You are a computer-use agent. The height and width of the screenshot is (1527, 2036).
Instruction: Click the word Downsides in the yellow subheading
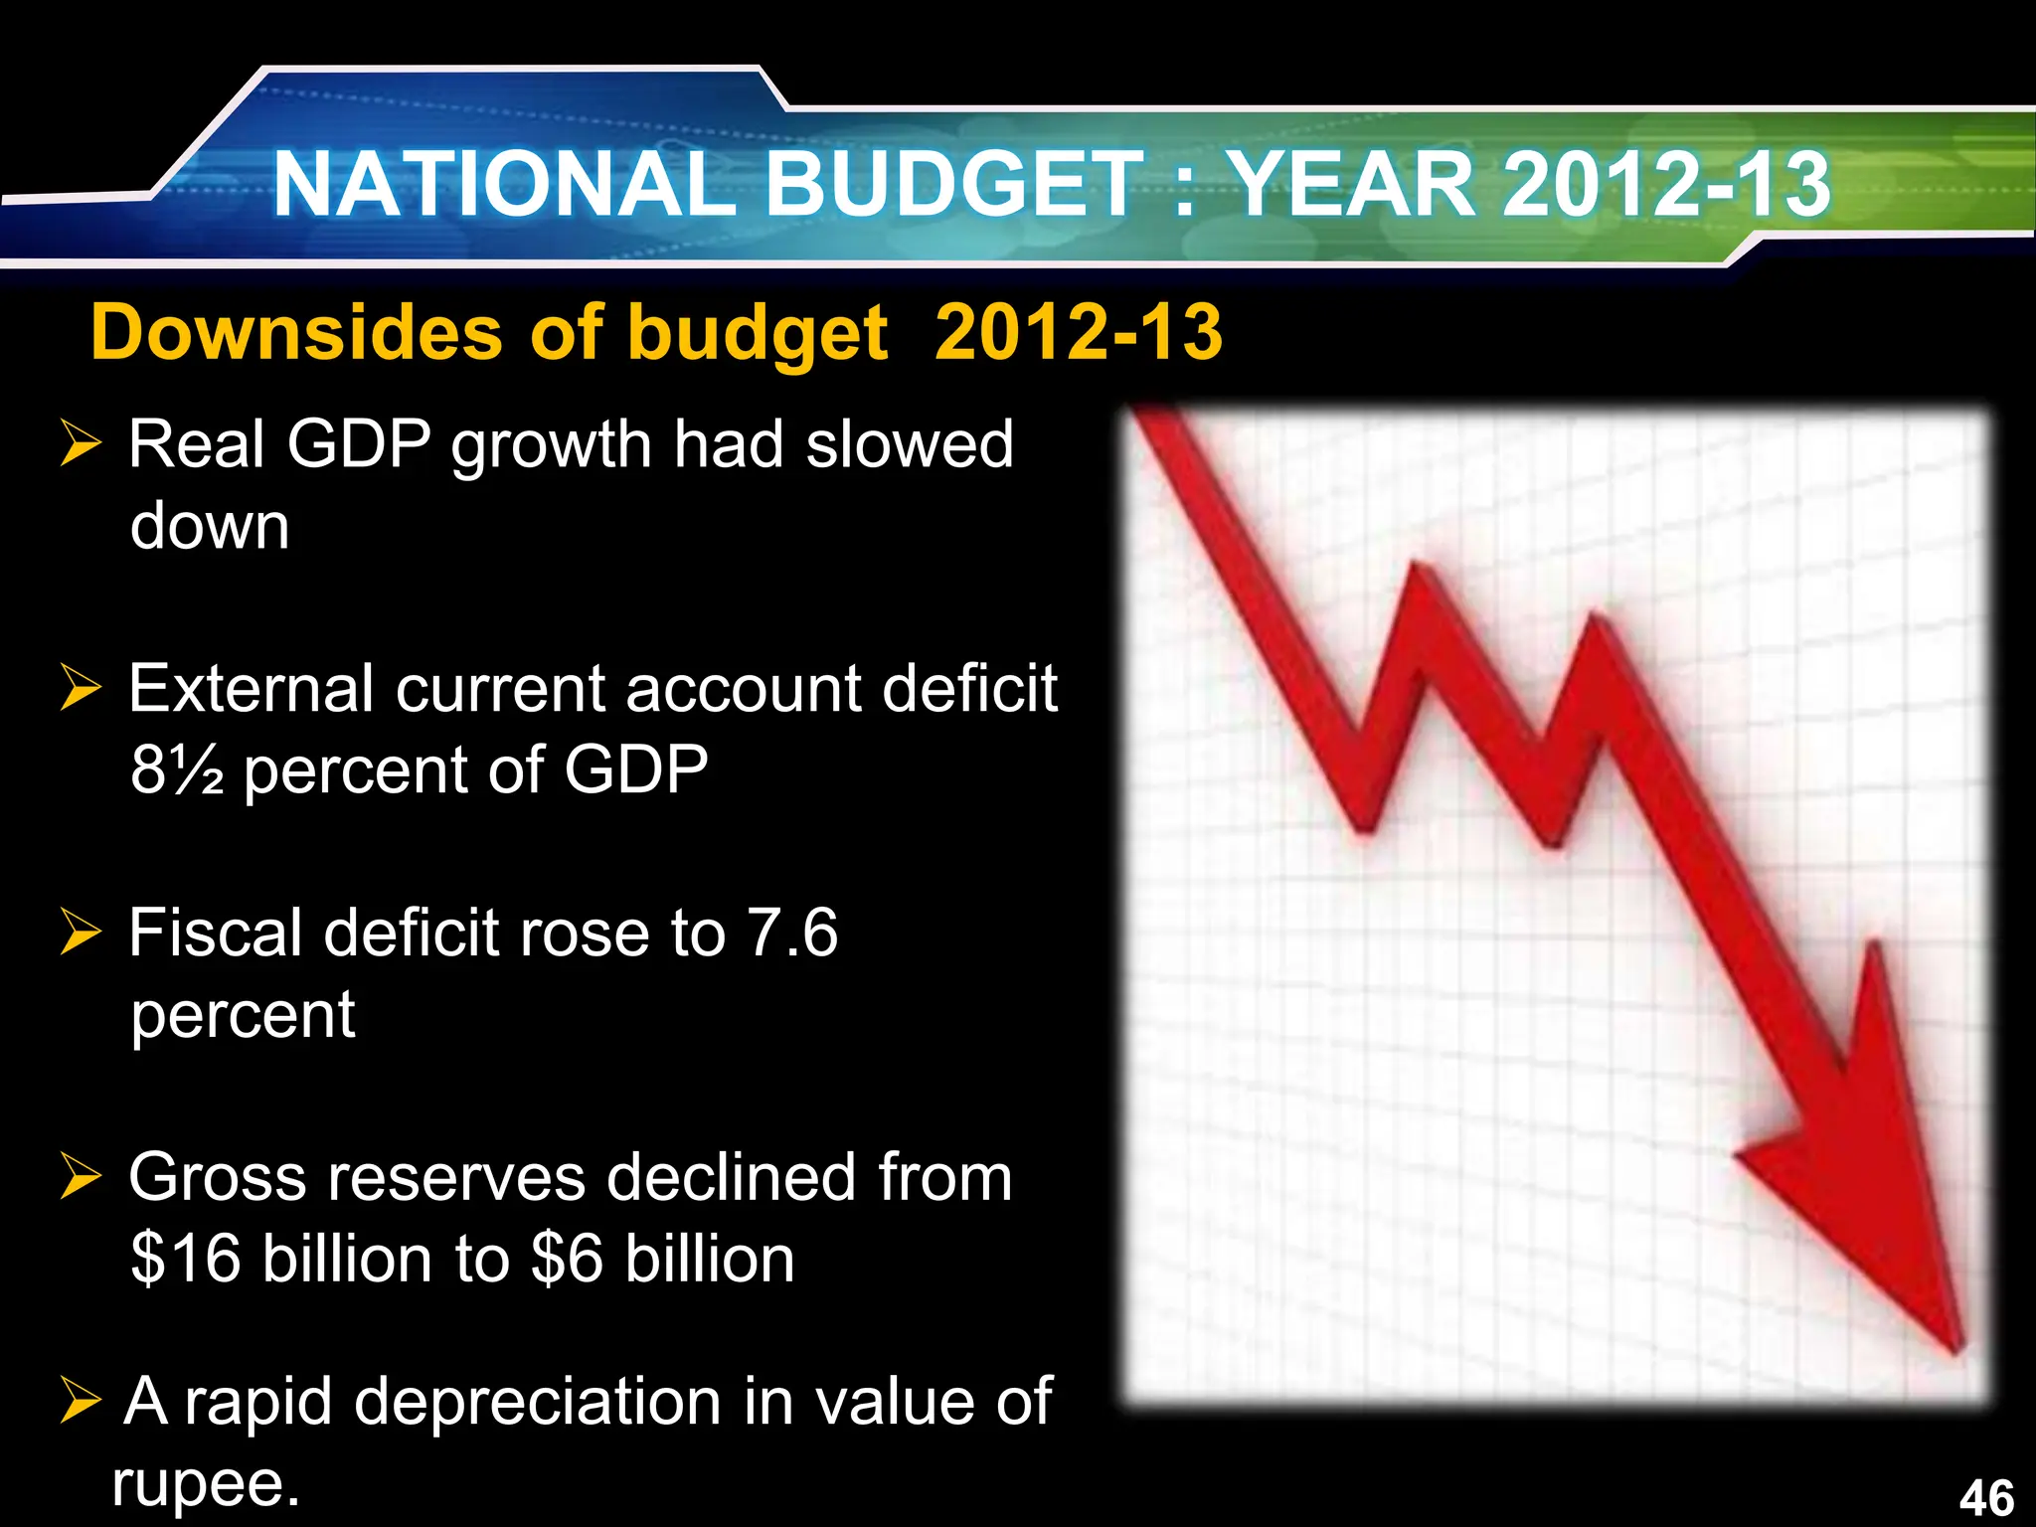pos(296,332)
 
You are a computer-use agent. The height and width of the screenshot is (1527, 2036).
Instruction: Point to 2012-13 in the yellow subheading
pos(1079,332)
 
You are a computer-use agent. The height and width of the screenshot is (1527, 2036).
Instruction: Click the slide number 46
pos(1986,1497)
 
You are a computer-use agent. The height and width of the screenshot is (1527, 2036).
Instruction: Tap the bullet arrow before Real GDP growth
pos(81,442)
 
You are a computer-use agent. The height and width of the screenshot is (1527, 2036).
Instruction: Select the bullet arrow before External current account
pos(81,687)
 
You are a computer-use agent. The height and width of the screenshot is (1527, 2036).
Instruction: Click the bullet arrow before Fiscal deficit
pos(81,932)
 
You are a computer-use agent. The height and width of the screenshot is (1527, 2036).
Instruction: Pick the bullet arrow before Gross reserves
pos(81,1176)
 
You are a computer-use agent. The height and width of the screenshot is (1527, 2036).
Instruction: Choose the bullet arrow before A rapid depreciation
pos(81,1401)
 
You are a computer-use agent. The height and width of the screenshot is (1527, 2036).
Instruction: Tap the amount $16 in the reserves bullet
pos(186,1259)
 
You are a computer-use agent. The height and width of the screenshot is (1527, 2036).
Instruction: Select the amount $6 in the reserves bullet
pos(567,1259)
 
